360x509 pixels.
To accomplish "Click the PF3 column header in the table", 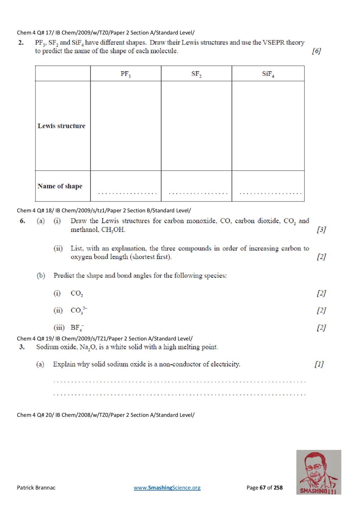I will [126, 74].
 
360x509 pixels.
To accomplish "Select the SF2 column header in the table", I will [196, 74].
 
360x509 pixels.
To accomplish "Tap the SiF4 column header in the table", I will [268, 74].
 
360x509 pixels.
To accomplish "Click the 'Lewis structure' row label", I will [61, 126].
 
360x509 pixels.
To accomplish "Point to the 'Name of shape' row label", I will [60, 186].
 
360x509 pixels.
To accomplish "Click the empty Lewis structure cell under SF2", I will [196, 126].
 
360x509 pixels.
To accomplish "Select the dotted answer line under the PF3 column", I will [127, 193].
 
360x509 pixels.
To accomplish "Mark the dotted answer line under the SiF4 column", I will [270, 193].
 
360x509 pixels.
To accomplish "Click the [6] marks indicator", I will [316, 51].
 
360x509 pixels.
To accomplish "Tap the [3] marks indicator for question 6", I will [321, 230].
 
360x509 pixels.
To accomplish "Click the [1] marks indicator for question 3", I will [319, 364].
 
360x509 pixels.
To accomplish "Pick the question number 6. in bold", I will [22, 221].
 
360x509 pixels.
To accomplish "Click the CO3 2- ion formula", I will [79, 310].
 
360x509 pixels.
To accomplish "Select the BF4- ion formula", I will [77, 328].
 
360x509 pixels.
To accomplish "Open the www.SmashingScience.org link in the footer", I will [167, 488].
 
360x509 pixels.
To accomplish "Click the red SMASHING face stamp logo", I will [319, 472].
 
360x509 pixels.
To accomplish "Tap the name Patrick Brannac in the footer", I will [36, 488].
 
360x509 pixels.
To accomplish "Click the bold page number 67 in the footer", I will [263, 488].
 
